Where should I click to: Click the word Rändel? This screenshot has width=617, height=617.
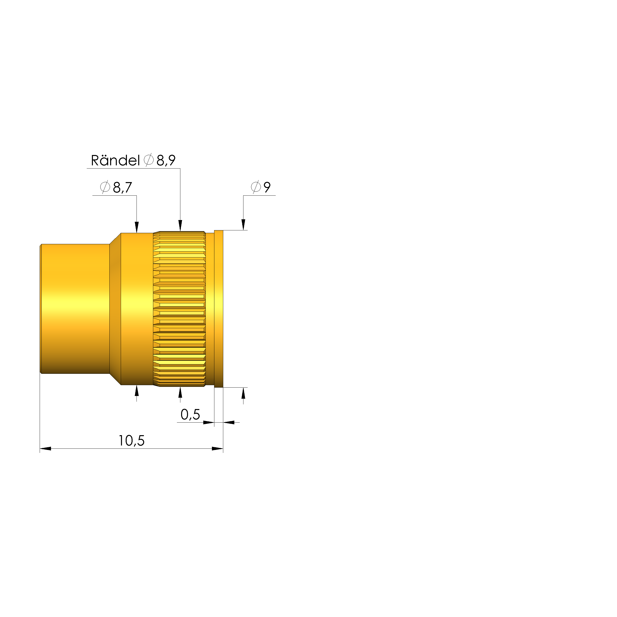click(x=115, y=160)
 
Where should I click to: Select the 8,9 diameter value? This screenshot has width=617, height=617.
click(x=166, y=160)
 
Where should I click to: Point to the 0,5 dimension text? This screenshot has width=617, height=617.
click(x=190, y=414)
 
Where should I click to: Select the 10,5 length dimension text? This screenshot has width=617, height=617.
click(x=132, y=441)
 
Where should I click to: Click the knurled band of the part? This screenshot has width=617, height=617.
click(x=179, y=309)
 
